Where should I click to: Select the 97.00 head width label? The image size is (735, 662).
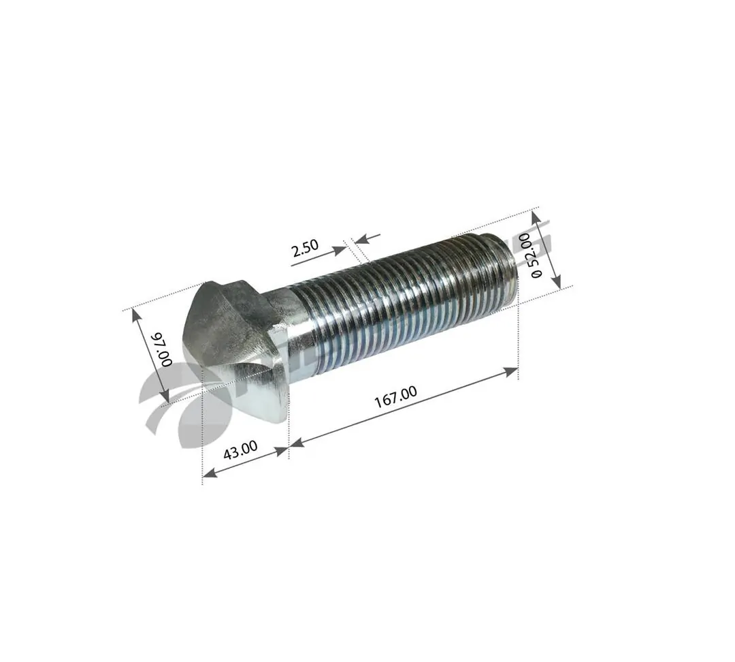[161, 349]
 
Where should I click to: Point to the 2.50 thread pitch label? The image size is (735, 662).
[305, 249]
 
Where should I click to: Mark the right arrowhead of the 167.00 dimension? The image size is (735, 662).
[512, 371]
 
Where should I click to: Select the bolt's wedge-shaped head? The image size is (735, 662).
[235, 347]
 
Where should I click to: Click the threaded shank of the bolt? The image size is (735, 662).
[402, 293]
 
